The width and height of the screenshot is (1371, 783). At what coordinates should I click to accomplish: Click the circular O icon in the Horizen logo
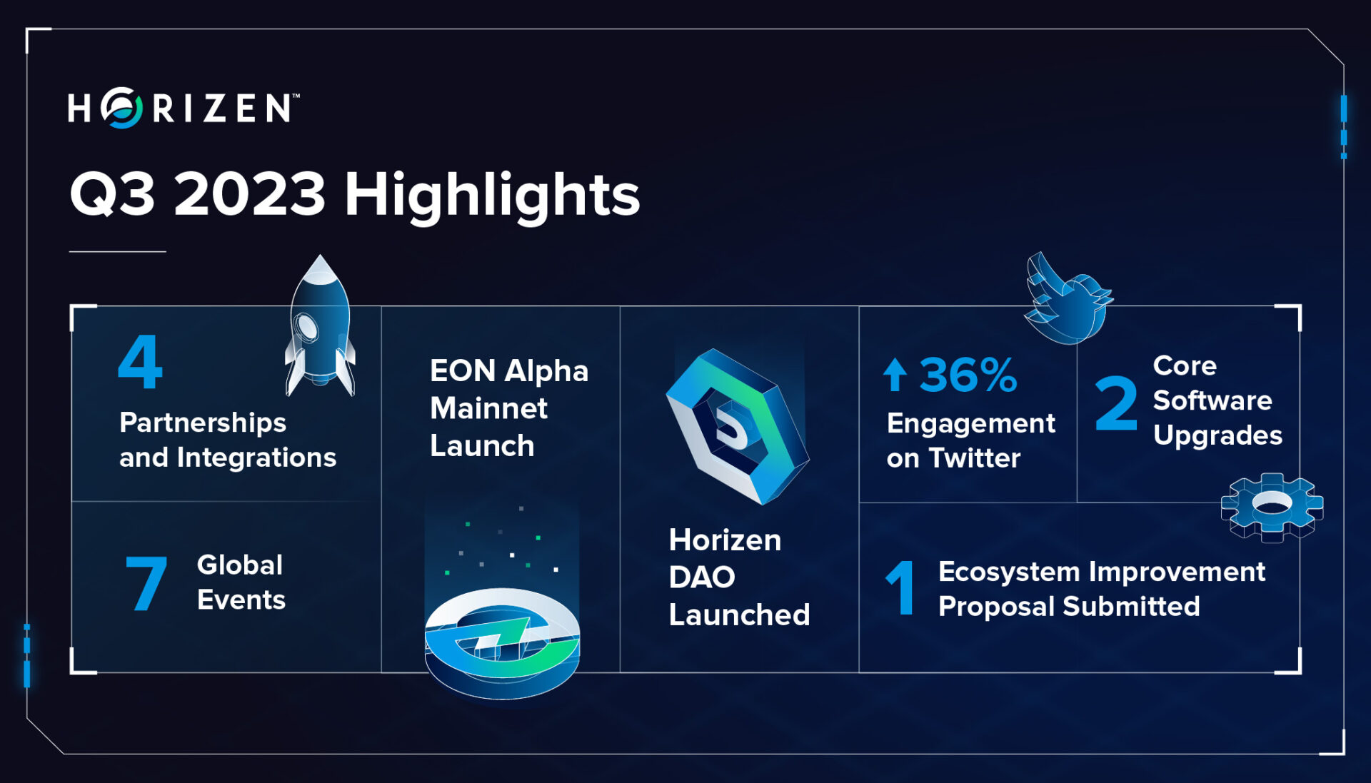122,108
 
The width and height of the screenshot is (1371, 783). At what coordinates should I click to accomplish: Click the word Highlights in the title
492,195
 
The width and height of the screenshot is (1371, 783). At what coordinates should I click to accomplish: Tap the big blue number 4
140,362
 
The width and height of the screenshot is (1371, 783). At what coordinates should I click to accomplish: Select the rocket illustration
320,328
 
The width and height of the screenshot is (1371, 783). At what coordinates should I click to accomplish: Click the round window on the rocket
307,328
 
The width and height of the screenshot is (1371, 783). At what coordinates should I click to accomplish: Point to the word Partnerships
203,423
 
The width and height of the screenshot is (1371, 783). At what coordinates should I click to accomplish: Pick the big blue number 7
146,584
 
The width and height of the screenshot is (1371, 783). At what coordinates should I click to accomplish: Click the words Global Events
241,582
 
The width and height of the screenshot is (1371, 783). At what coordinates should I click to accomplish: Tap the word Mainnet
488,408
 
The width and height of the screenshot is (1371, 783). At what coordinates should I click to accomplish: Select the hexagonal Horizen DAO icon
737,427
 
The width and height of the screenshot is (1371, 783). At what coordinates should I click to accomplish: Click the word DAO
701,577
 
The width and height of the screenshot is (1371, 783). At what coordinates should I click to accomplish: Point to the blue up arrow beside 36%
895,375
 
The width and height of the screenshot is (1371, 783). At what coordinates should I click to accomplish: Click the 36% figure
968,375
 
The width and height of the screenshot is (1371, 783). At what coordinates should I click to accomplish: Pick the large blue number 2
1115,404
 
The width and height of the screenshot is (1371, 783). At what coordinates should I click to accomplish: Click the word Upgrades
1217,435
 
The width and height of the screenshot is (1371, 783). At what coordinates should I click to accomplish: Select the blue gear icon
1272,507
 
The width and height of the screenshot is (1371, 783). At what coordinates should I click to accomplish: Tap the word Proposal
996,607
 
